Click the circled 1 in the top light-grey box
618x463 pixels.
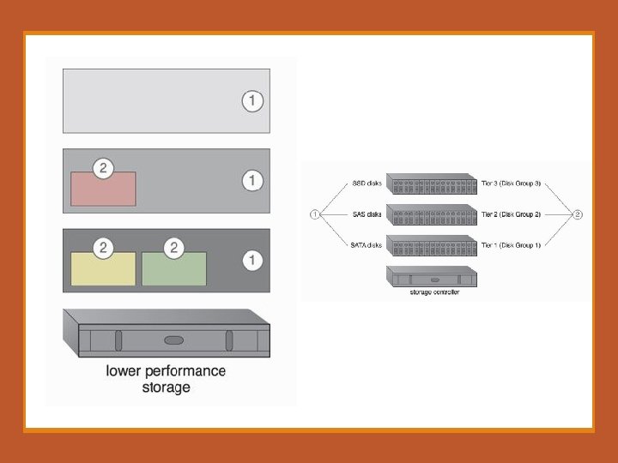251,101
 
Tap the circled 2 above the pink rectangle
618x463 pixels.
103,168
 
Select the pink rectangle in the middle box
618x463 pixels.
103,189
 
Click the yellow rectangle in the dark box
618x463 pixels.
103,268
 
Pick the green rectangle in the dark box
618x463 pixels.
174,268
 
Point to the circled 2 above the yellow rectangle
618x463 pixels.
103,248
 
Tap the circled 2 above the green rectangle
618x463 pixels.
174,248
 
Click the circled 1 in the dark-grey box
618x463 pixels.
251,259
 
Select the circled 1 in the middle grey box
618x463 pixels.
251,181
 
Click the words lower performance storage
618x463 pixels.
166,379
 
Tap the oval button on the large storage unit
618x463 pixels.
174,340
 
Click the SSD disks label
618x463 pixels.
367,183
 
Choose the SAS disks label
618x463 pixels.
367,214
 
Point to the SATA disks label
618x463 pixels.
366,245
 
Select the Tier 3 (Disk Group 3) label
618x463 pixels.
512,183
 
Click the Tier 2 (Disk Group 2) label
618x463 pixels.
512,214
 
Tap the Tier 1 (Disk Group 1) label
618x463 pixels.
512,245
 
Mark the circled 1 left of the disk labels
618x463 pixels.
315,214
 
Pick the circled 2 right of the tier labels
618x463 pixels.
578,214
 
